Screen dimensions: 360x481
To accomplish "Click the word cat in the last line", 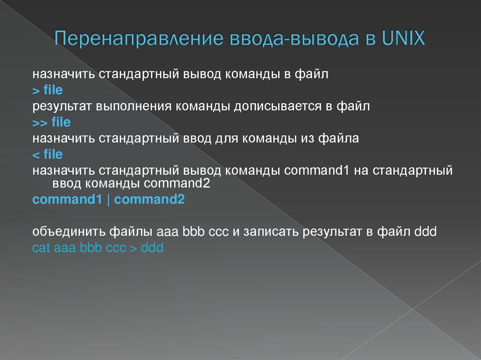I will point(41,248).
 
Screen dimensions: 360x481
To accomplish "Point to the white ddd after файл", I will point(426,232).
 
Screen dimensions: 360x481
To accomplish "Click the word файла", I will point(339,139).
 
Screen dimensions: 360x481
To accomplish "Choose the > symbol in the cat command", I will point(132,248).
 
